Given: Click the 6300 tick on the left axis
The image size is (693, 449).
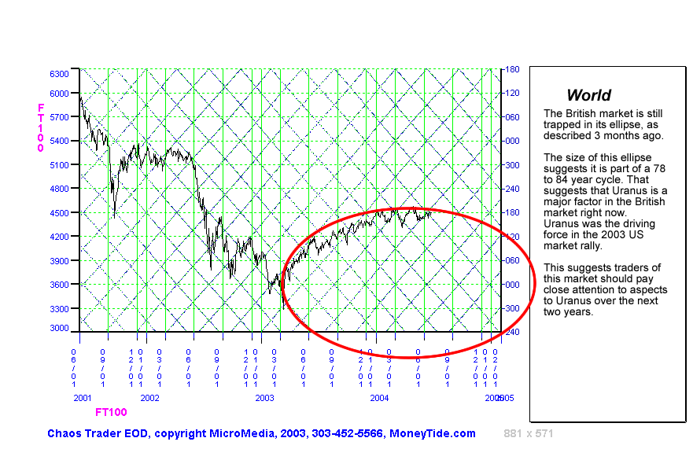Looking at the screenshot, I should point(60,73).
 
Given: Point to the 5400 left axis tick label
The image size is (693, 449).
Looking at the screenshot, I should point(60,141).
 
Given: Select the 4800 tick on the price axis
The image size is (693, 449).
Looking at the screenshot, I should point(60,189).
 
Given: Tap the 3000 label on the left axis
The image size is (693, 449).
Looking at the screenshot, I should point(60,328).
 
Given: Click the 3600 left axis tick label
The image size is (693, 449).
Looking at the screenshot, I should point(60,284).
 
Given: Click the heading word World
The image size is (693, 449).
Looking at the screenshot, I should point(588,95).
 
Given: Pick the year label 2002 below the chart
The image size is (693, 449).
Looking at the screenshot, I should point(149,398).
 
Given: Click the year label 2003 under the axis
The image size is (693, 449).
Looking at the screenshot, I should point(264,398).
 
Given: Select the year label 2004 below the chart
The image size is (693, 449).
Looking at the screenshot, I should point(379,398).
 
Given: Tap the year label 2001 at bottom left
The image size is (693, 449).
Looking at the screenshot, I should point(83,398).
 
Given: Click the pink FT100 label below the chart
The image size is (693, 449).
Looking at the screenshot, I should point(111,412).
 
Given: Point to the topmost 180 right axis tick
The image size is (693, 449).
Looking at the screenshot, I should point(512,69).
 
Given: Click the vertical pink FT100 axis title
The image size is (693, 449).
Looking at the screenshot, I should point(40,127).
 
